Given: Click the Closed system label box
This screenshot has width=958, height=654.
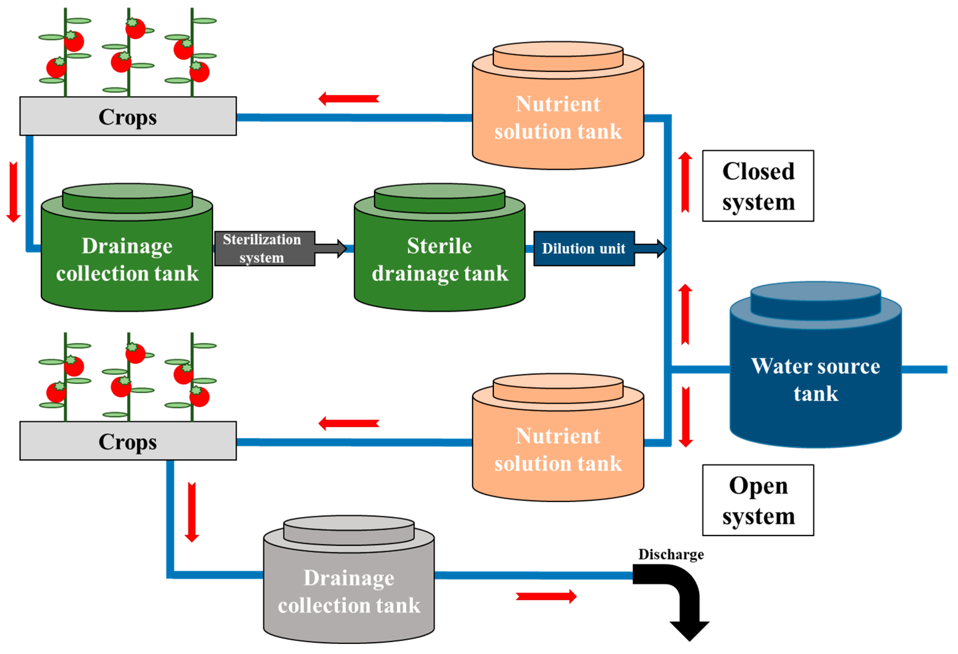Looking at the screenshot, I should (758, 186).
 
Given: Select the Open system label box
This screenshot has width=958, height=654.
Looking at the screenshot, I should (758, 500).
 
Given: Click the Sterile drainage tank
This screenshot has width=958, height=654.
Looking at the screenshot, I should (439, 256).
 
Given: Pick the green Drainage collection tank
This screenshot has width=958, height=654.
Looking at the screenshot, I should (127, 256).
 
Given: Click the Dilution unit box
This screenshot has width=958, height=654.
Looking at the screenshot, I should (584, 249).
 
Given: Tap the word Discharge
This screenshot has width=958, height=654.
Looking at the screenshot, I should (671, 555).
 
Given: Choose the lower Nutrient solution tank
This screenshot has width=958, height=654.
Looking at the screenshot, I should (558, 445).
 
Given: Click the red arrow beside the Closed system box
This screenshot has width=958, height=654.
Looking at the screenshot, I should (685, 182).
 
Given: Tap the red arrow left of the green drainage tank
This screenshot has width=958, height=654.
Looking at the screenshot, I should (14, 192).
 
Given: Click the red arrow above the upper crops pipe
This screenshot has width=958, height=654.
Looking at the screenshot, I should (349, 99).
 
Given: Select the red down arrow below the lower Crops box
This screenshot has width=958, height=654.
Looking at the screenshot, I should (192, 512).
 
